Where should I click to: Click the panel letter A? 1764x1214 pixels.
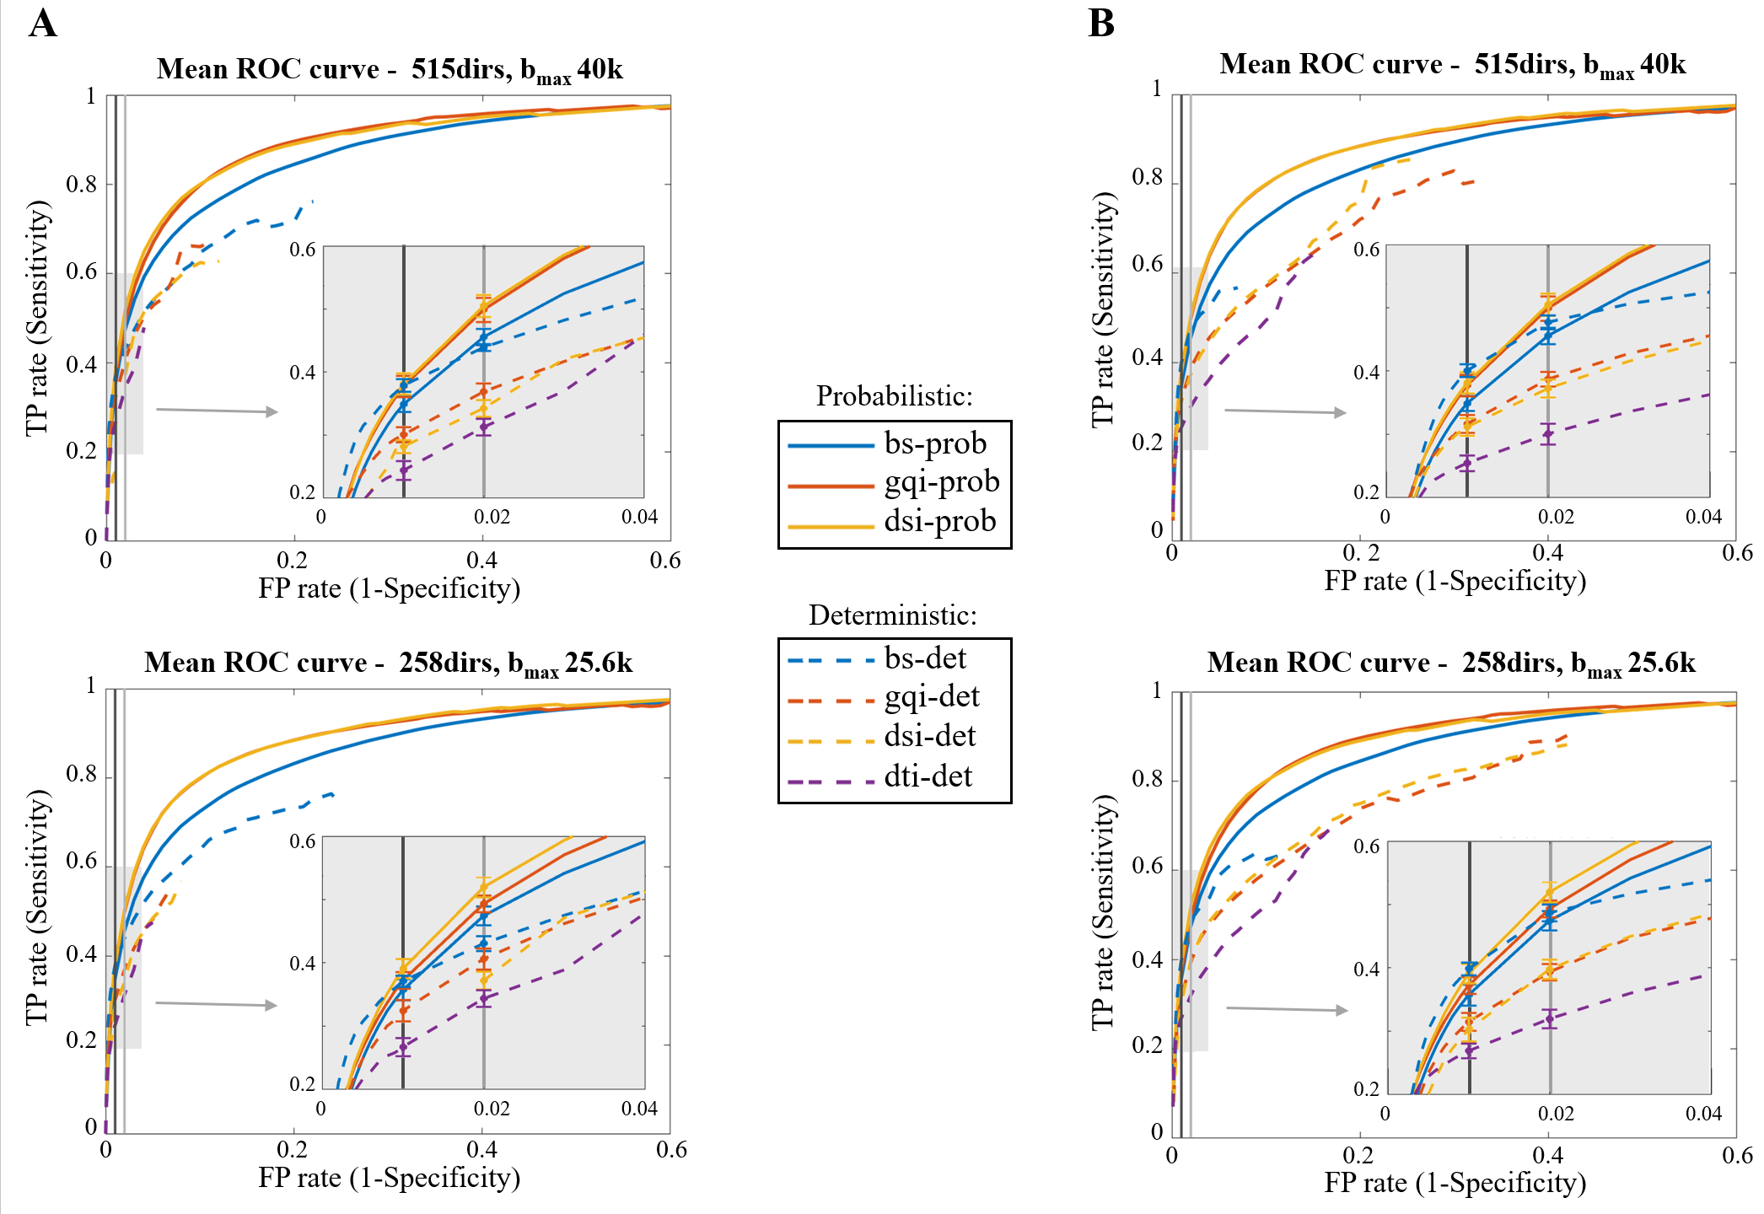43,24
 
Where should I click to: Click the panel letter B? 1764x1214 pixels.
1101,24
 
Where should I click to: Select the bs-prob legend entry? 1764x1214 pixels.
894,443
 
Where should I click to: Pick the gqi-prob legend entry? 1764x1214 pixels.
894,482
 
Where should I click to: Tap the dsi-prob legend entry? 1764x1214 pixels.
894,522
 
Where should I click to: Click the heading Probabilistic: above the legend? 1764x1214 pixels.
894,395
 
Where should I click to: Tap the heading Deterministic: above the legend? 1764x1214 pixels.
893,615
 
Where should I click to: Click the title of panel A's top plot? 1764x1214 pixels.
390,69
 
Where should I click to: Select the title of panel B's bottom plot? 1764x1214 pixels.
1451,663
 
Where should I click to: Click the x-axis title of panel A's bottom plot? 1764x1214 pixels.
389,1178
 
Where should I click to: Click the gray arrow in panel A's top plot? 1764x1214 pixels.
217,411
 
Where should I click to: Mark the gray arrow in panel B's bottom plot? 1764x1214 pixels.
1287,1008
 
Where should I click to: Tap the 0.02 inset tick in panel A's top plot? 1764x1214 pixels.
492,517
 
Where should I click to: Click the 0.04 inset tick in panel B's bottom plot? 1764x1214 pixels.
1703,1114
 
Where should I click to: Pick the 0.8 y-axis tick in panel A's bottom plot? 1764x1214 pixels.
82,774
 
